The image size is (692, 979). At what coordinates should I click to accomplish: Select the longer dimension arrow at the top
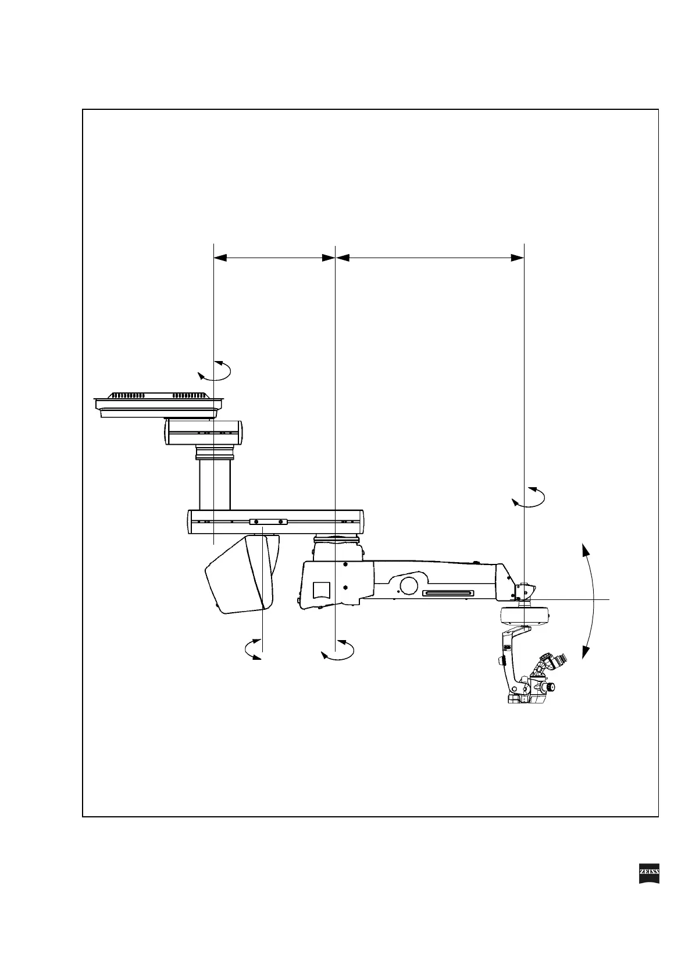[430, 258]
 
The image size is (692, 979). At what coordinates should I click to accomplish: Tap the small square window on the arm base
[322, 589]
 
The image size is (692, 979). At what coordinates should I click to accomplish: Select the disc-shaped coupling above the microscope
[525, 615]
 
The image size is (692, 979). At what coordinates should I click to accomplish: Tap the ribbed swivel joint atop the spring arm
[337, 540]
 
